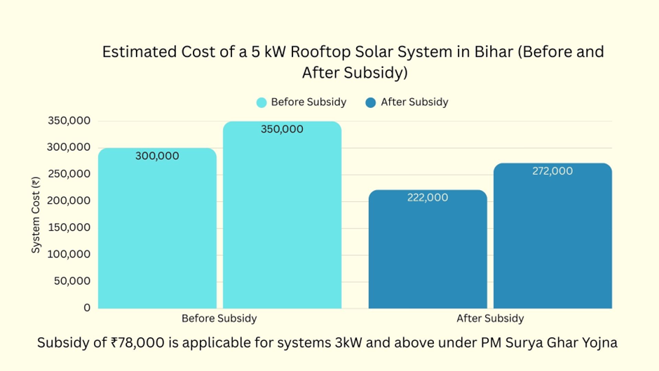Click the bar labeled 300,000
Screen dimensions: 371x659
coord(157,228)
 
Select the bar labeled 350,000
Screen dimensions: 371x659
coord(282,215)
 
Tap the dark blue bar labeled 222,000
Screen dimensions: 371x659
coord(428,249)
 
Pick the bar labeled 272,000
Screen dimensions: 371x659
coord(552,236)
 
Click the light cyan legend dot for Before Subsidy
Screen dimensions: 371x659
coord(261,102)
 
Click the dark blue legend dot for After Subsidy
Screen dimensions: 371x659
coord(371,102)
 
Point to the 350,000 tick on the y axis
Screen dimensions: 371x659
coord(69,121)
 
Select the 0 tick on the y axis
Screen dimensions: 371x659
coord(87,308)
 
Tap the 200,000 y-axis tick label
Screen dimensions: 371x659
coord(69,201)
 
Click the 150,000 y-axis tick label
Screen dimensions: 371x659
coord(69,228)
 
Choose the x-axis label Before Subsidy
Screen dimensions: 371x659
coord(219,318)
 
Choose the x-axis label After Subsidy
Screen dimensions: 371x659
coord(490,318)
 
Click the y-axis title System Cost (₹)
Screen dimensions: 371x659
coord(36,215)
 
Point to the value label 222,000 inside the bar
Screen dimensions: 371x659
coord(428,198)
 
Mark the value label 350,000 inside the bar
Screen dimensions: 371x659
coord(282,130)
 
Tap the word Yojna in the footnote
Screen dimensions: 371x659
coord(598,343)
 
